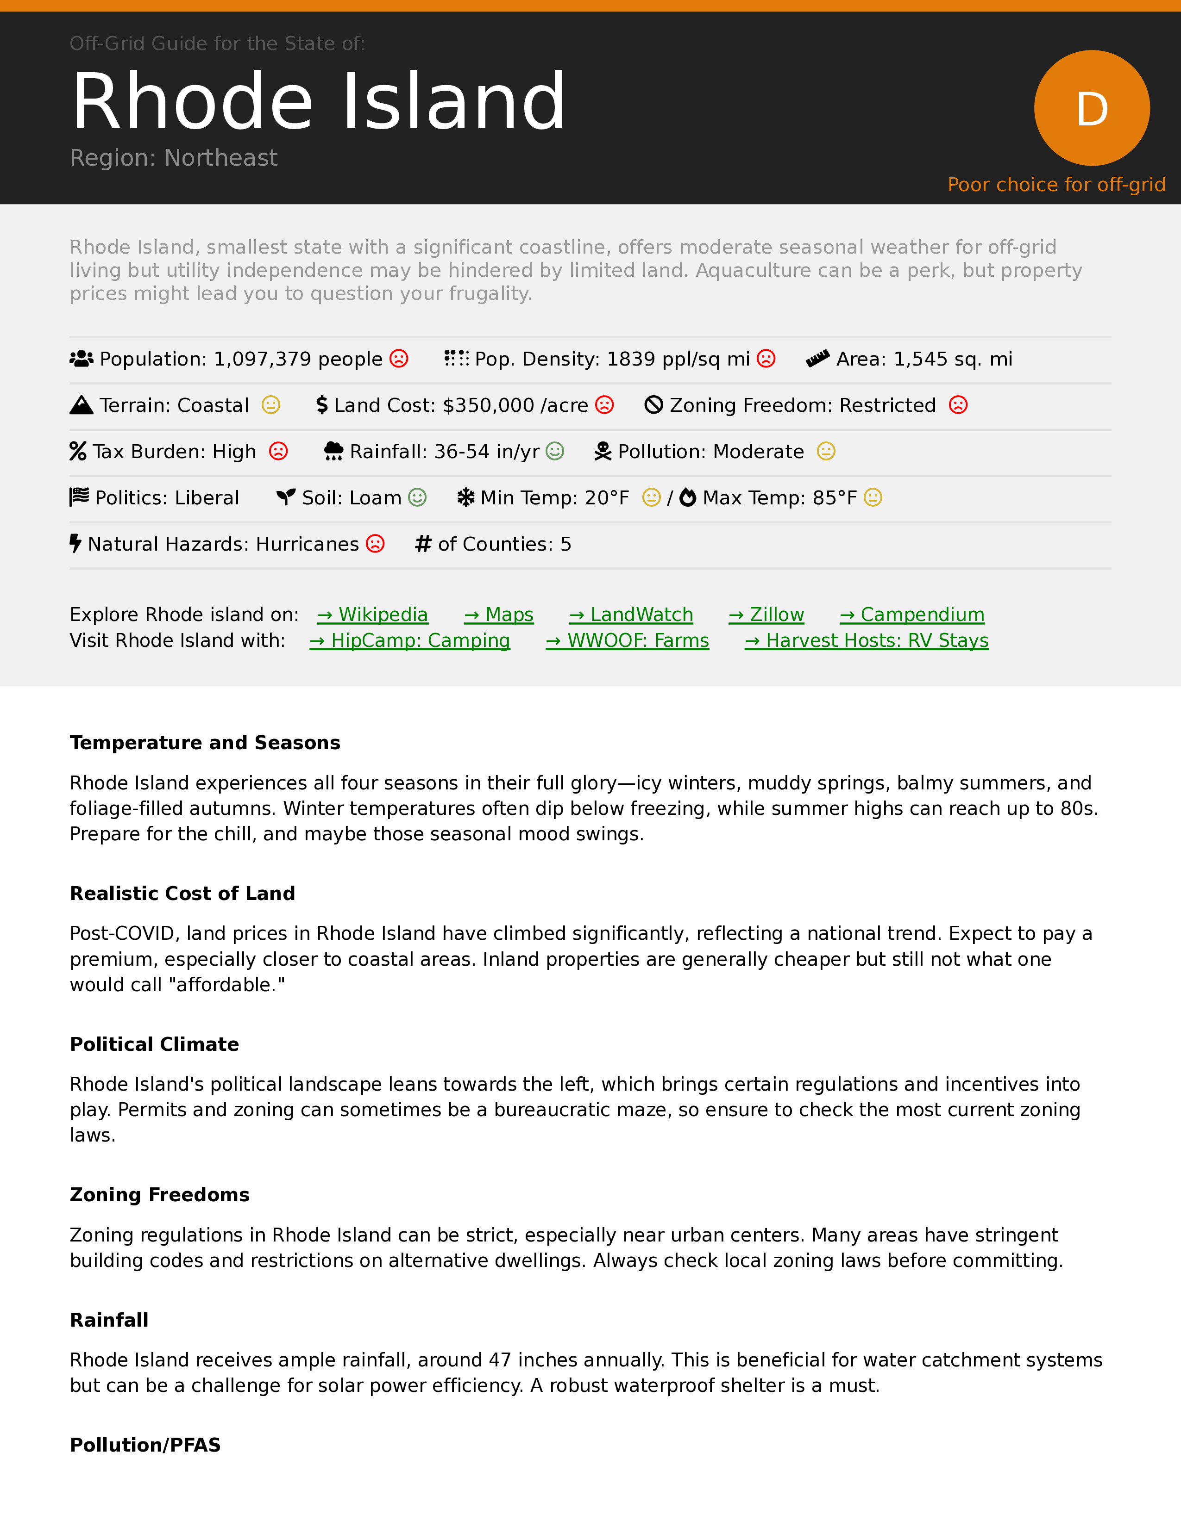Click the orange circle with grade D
pyautogui.click(x=1092, y=108)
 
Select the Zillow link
pyautogui.click(x=767, y=615)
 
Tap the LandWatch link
pyautogui.click(x=631, y=615)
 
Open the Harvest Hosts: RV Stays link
pyautogui.click(x=867, y=640)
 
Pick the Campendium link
pyautogui.click(x=912, y=615)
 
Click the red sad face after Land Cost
pyautogui.click(x=604, y=405)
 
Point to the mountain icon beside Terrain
pyautogui.click(x=81, y=405)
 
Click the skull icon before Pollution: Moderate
pyautogui.click(x=603, y=452)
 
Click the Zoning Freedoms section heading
pyautogui.click(x=159, y=1195)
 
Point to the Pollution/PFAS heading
pyautogui.click(x=145, y=1445)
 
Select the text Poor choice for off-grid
pyautogui.click(x=1056, y=185)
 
